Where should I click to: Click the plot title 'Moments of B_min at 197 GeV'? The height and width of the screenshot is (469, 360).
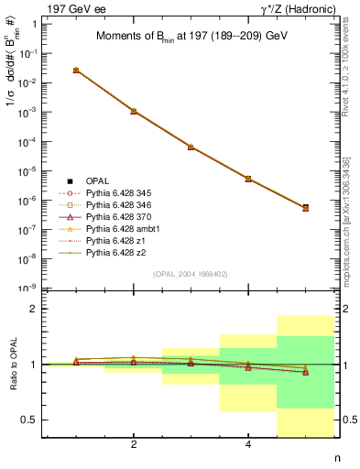[x=192, y=38]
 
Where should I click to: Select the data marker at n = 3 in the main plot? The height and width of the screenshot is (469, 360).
[x=191, y=147]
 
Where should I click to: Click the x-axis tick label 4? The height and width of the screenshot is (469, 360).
[x=248, y=444]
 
